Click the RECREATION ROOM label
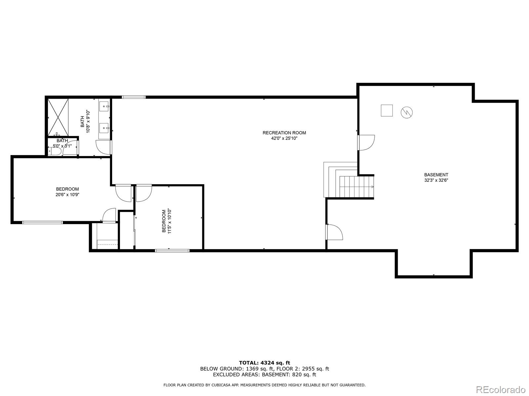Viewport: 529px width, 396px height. point(284,133)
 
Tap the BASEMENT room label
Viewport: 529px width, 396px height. point(436,175)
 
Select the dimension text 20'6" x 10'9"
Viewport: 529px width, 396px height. point(67,195)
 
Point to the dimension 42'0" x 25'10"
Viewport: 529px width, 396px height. point(284,139)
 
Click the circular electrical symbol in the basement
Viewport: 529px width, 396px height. point(407,113)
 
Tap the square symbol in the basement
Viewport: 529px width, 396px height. point(387,110)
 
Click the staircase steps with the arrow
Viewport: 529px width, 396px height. point(356,187)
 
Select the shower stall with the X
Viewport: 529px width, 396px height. point(58,117)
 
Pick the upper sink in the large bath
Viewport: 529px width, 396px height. point(105,106)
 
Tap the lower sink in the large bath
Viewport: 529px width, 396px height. point(105,127)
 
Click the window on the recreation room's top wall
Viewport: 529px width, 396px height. point(134,97)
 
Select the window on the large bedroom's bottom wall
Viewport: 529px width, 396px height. point(42,222)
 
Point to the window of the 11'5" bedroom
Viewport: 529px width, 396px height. point(172,250)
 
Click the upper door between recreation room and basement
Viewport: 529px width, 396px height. point(366,143)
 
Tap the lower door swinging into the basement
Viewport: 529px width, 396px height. point(334,232)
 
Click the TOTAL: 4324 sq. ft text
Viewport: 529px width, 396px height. point(264,363)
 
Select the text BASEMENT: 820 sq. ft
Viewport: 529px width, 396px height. point(289,375)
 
